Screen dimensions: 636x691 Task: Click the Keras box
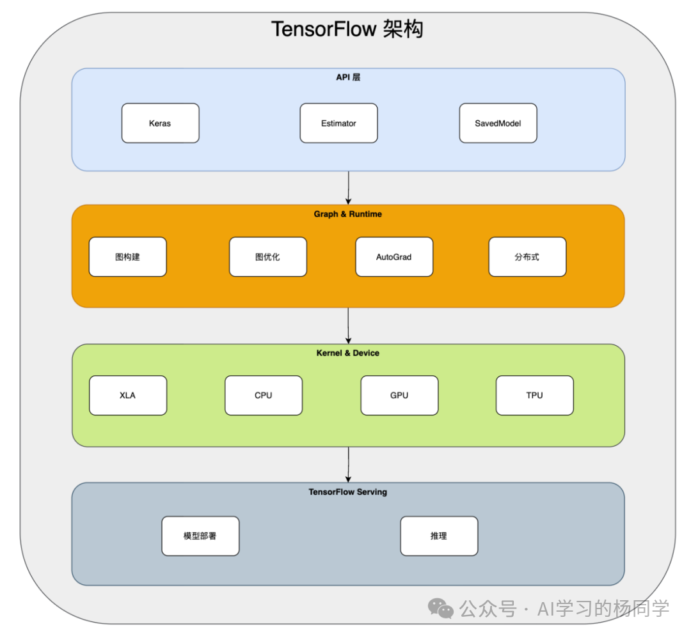(x=160, y=123)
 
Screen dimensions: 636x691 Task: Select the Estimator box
(x=338, y=123)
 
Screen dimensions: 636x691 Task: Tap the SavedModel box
(x=498, y=123)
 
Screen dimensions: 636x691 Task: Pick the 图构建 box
(x=127, y=257)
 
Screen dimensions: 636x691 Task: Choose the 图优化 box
(x=267, y=257)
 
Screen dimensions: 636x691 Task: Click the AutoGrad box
(x=394, y=257)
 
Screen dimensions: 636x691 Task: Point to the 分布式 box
(x=527, y=257)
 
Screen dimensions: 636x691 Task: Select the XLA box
(x=127, y=396)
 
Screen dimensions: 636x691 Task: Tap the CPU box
(x=263, y=396)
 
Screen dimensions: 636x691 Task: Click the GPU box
(x=399, y=396)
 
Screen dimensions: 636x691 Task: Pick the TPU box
(x=534, y=396)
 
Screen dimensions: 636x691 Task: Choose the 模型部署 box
(x=200, y=536)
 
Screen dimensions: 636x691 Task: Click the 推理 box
(x=439, y=536)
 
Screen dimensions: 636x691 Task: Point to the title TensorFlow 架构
(x=347, y=29)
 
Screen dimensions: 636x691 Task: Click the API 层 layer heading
(x=349, y=77)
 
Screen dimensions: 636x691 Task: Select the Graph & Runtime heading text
(x=348, y=214)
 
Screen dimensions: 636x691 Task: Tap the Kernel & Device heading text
(x=348, y=353)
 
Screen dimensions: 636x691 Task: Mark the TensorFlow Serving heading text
(x=348, y=492)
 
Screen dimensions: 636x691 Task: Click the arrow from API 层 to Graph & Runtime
(x=348, y=187)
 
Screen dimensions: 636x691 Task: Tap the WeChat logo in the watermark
(x=441, y=608)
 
